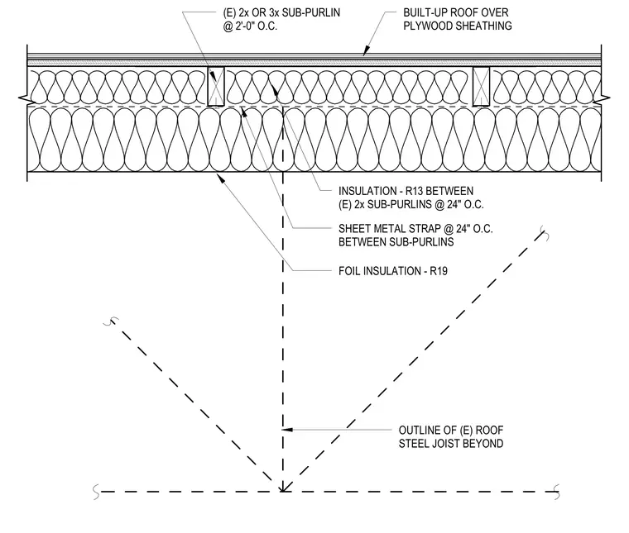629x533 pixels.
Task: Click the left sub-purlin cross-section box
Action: [216, 87]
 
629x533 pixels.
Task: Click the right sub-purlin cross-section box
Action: [481, 87]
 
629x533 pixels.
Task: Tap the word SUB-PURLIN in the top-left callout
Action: [311, 13]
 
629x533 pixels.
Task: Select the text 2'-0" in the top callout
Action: [247, 26]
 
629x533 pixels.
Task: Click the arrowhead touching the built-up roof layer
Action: [367, 51]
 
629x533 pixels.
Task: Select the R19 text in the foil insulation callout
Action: [439, 271]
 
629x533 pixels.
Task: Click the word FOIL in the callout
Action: [349, 271]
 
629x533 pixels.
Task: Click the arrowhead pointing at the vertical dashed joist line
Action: [288, 430]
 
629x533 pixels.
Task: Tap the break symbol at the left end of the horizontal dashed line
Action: [96, 492]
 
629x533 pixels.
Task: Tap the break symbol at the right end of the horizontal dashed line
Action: [556, 492]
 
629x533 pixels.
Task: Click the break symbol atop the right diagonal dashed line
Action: [545, 233]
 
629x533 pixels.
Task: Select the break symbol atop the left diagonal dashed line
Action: [111, 321]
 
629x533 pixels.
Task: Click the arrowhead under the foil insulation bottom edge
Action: [220, 178]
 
